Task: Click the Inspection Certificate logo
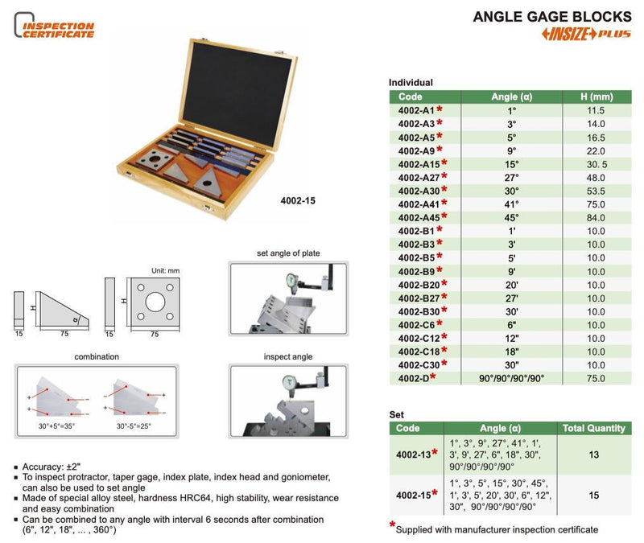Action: pos(55,29)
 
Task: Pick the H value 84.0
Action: pos(595,216)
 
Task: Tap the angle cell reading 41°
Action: pos(511,204)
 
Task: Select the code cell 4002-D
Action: pos(415,378)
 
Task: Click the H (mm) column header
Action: pos(595,97)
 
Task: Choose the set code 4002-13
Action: pos(415,454)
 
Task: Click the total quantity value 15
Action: pos(595,496)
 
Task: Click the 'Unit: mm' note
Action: pos(165,271)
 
